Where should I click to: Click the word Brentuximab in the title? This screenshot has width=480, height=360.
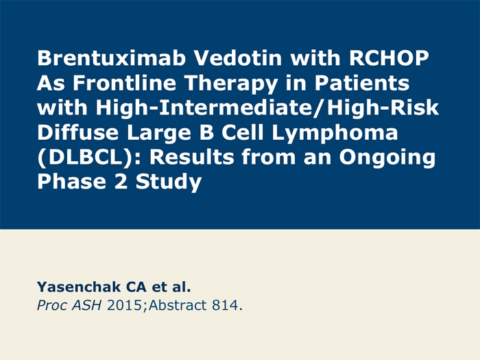click(x=111, y=58)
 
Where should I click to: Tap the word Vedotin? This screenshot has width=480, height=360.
click(x=238, y=58)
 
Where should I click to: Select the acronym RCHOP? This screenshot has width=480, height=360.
click(x=389, y=58)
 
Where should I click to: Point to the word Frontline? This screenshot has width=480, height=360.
click(x=124, y=83)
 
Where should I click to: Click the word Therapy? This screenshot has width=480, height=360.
click(x=231, y=84)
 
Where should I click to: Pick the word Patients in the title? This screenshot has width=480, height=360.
click(x=362, y=83)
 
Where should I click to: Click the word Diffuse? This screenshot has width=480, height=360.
click(x=77, y=132)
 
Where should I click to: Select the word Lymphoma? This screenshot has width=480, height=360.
click(x=335, y=133)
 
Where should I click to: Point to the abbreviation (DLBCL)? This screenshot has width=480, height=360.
click(x=86, y=157)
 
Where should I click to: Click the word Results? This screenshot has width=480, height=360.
click(x=191, y=157)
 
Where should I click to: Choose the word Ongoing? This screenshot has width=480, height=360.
click(x=387, y=158)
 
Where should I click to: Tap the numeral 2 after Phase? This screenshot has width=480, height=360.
click(x=121, y=181)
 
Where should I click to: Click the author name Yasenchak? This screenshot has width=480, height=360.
click(x=79, y=287)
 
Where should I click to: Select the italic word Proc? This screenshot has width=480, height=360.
click(x=51, y=305)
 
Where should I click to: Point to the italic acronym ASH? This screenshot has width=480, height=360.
click(x=86, y=305)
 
